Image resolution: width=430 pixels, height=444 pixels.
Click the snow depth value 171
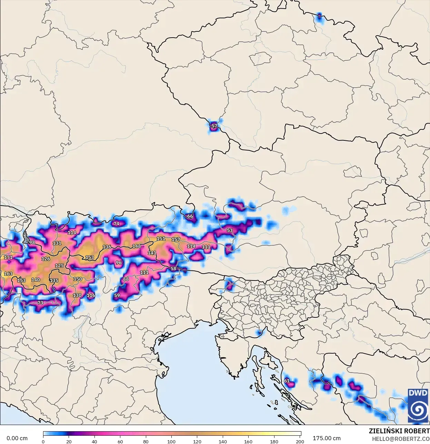pos(8,257)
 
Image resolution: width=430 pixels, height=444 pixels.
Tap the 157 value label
pos(176,239)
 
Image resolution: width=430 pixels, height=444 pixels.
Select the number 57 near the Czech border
pos(214,126)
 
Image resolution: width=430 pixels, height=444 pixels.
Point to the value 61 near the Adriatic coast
pos(287,381)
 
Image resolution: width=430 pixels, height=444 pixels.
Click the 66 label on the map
pos(190,216)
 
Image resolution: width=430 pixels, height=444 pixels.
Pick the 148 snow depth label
pos(137,246)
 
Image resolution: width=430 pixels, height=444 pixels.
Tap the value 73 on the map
pos(40,303)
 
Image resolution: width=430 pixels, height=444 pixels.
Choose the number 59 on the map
pos(117,295)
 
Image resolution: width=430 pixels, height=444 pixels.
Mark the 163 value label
pos(8,274)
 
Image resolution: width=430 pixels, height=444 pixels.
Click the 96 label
pos(119,263)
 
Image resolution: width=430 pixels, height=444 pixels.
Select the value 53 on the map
pos(230,230)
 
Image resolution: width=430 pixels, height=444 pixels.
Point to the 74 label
pos(116,224)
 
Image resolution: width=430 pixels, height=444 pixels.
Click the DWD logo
pos(418,405)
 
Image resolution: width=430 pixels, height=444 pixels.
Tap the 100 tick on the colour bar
pos(171,441)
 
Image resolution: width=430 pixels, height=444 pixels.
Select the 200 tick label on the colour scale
pos(300,441)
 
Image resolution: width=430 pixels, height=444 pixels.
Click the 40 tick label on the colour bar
pos(94,441)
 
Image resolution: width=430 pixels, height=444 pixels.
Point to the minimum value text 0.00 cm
pos(17,438)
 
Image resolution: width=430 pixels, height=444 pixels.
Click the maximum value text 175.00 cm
pos(327,438)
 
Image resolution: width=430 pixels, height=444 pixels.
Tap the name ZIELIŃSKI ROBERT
pos(399,431)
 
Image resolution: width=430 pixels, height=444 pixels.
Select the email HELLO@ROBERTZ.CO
pos(401,439)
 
